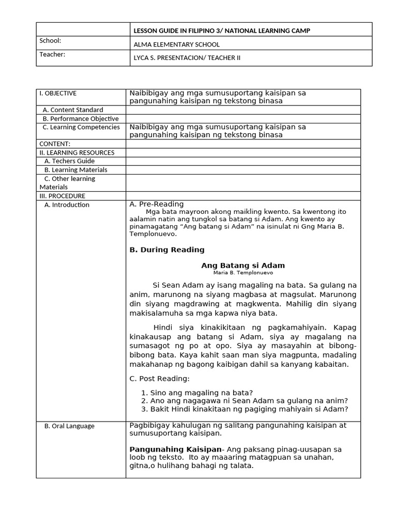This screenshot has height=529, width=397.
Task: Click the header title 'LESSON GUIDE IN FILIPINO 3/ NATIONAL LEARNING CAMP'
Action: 222,31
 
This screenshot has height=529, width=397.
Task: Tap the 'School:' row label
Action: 50,41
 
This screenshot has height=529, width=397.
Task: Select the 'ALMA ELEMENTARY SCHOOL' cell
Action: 176,44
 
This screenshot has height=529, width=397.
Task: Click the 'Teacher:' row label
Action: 52,54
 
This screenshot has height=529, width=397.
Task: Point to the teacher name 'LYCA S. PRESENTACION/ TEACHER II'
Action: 187,58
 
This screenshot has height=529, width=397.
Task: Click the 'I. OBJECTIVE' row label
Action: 58,94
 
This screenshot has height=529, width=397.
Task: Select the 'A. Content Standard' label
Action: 73,110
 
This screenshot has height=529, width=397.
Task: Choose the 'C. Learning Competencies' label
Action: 81,127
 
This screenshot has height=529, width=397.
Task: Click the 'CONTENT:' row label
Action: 55,144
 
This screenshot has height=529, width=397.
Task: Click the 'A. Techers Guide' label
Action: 69,161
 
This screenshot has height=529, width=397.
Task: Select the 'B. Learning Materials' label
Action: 75,170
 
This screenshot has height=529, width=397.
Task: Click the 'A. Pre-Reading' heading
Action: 156,204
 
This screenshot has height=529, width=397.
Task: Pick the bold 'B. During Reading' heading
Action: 166,250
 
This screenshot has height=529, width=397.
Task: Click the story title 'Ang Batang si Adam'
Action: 243,266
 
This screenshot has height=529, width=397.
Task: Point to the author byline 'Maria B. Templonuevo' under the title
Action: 243,273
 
